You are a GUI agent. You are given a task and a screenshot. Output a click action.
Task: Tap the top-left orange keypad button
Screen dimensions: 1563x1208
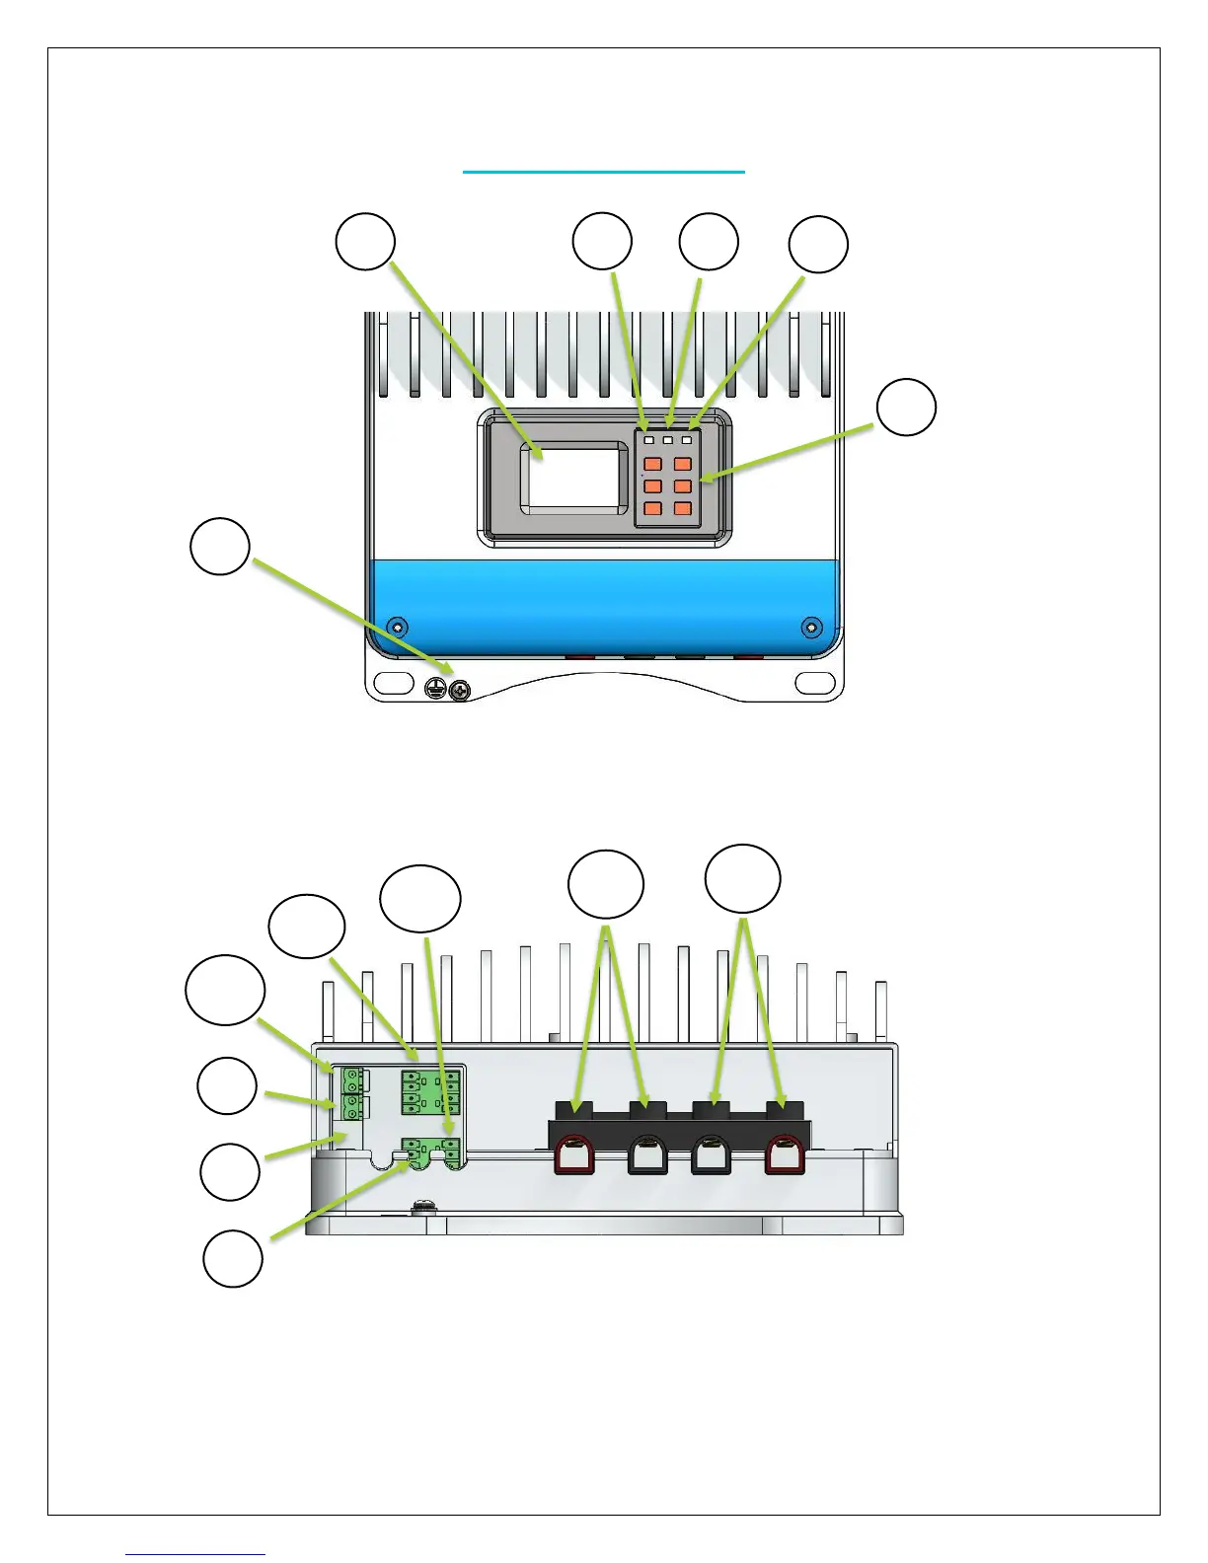[652, 464]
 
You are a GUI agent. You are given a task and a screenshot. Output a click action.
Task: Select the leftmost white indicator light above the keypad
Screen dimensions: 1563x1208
[648, 439]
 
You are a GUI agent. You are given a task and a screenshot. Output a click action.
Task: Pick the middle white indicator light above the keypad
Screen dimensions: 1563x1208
[667, 439]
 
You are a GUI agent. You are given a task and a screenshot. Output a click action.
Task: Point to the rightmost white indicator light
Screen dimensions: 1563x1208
[686, 439]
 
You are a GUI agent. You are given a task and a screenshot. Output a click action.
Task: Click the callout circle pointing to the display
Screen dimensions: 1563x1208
[365, 241]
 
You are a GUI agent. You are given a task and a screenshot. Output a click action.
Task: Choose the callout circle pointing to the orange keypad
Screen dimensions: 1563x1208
[906, 408]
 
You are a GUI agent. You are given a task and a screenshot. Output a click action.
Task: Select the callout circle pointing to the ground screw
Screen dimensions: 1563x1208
[219, 547]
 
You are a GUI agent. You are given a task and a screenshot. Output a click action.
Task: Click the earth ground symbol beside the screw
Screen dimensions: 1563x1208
[435, 690]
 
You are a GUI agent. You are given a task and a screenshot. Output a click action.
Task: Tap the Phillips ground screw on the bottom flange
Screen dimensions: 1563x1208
[459, 690]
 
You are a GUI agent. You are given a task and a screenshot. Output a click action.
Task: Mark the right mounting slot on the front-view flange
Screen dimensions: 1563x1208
[815, 681]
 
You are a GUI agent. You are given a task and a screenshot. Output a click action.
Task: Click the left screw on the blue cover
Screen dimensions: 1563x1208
[397, 627]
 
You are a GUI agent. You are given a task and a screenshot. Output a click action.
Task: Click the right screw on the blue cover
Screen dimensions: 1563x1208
[811, 627]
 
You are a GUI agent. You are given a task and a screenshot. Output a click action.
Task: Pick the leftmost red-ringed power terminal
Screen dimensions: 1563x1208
[574, 1155]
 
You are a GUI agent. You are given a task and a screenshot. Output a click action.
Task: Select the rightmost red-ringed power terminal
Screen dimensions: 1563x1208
[786, 1155]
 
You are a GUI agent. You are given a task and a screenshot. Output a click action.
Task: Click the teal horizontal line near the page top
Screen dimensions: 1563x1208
[604, 173]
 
